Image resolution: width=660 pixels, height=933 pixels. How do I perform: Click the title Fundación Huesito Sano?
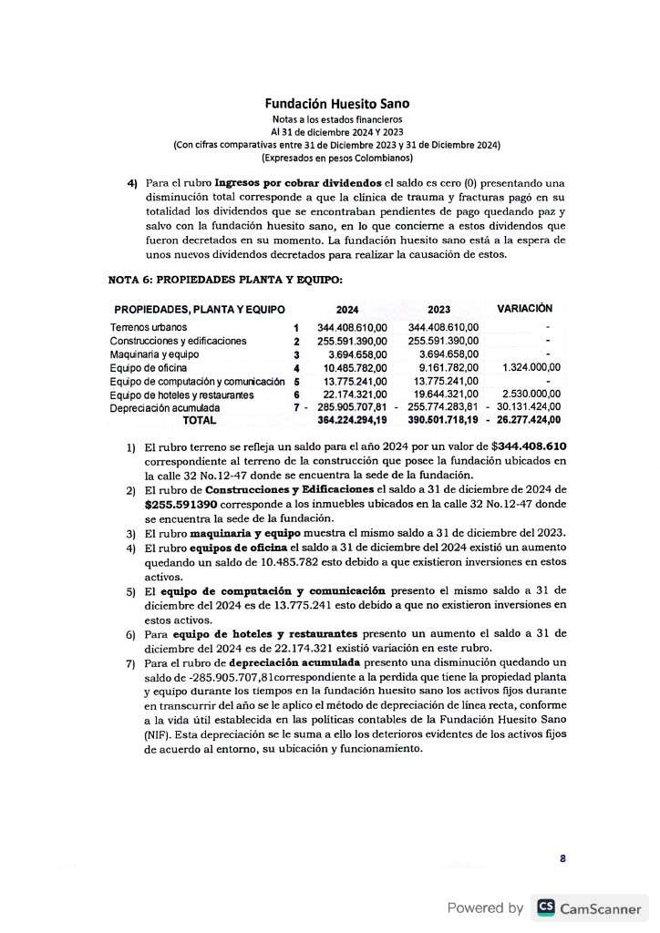click(x=331, y=105)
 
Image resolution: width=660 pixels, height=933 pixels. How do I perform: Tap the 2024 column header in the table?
click(x=347, y=310)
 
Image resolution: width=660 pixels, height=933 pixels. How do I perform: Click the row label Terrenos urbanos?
click(x=149, y=327)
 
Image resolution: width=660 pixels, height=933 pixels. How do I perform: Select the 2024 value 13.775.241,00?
click(x=355, y=381)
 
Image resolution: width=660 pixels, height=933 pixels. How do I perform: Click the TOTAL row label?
click(x=200, y=421)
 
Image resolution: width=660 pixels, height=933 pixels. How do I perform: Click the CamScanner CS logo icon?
click(x=546, y=907)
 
